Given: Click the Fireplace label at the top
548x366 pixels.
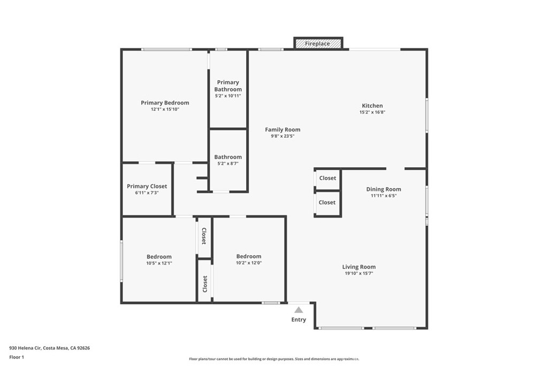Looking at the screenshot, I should click(x=317, y=43).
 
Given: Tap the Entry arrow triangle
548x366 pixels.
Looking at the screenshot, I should click(x=299, y=310).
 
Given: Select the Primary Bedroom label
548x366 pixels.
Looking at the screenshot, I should click(x=165, y=103).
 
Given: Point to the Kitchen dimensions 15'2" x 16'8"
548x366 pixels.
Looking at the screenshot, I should click(x=372, y=113).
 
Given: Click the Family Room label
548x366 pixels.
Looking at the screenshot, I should click(x=283, y=130).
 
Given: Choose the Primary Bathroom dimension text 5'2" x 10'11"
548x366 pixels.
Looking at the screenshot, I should click(x=228, y=96).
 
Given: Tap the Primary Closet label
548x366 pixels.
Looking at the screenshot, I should click(x=147, y=186).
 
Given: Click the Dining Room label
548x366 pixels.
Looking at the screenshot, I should click(x=383, y=189).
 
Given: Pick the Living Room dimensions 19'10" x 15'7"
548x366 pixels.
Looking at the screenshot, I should click(x=359, y=273).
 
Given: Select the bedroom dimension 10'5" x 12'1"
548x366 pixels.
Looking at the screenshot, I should click(x=159, y=263).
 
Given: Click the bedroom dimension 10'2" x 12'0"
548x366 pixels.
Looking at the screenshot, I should click(x=249, y=263).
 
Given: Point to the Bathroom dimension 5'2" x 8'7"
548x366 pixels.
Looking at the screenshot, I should click(x=228, y=163).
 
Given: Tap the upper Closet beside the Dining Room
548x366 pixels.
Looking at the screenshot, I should click(x=328, y=178).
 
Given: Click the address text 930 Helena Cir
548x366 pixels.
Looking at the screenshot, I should click(x=50, y=348).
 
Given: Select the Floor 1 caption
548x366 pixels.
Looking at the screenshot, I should click(x=17, y=357).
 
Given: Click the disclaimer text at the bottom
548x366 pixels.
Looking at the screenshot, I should click(x=273, y=358).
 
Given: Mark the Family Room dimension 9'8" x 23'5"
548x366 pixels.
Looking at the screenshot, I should click(x=283, y=136).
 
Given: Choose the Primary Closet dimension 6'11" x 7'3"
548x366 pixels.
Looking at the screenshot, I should click(x=147, y=193).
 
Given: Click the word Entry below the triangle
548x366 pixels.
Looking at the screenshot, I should click(x=299, y=320).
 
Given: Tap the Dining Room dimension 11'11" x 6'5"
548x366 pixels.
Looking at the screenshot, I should click(x=383, y=196).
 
